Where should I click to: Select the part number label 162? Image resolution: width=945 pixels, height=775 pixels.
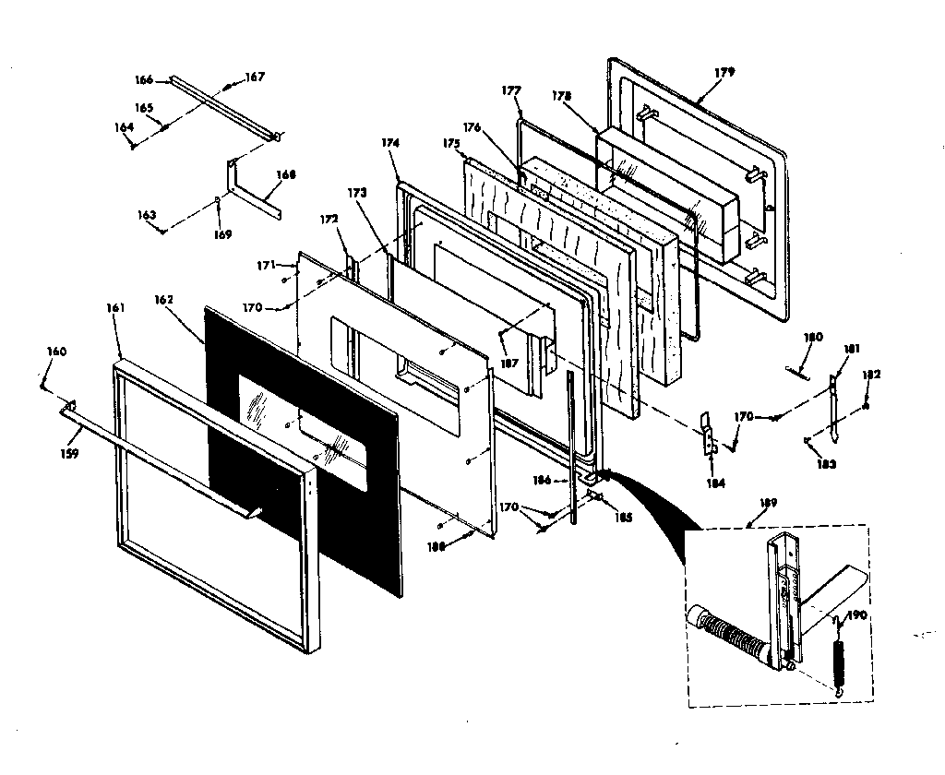164,300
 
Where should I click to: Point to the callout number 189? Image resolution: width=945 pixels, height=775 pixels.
768,503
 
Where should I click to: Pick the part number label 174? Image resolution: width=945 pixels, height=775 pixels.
389,143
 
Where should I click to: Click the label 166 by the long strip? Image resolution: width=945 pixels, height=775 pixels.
145,80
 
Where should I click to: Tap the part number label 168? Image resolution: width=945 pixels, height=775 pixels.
285,173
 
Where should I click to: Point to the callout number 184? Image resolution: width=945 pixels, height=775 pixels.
715,483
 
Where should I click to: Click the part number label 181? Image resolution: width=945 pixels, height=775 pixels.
851,349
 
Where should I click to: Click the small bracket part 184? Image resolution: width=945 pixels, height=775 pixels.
706,435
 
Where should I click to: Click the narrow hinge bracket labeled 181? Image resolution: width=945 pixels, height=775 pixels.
834,406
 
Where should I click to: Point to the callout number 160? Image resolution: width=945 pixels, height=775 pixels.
57,351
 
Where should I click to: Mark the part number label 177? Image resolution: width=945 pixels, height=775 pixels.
511,90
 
